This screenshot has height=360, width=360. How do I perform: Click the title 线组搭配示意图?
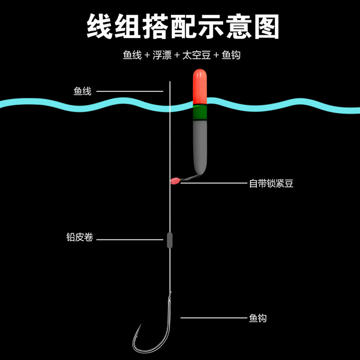tap(180, 26)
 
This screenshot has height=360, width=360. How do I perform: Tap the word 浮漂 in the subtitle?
tap(162, 55)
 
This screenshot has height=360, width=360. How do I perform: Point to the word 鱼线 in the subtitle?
tap(131, 55)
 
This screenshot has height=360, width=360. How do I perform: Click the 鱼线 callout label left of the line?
tap(82, 91)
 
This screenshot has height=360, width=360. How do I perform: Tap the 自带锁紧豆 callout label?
tap(271, 183)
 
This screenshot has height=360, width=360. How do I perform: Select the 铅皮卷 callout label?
tap(80, 238)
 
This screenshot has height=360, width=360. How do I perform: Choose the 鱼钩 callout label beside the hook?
tap(257, 318)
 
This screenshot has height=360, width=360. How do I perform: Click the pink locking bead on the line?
tap(174, 181)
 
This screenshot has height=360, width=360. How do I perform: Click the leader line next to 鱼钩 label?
tap(211, 318)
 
